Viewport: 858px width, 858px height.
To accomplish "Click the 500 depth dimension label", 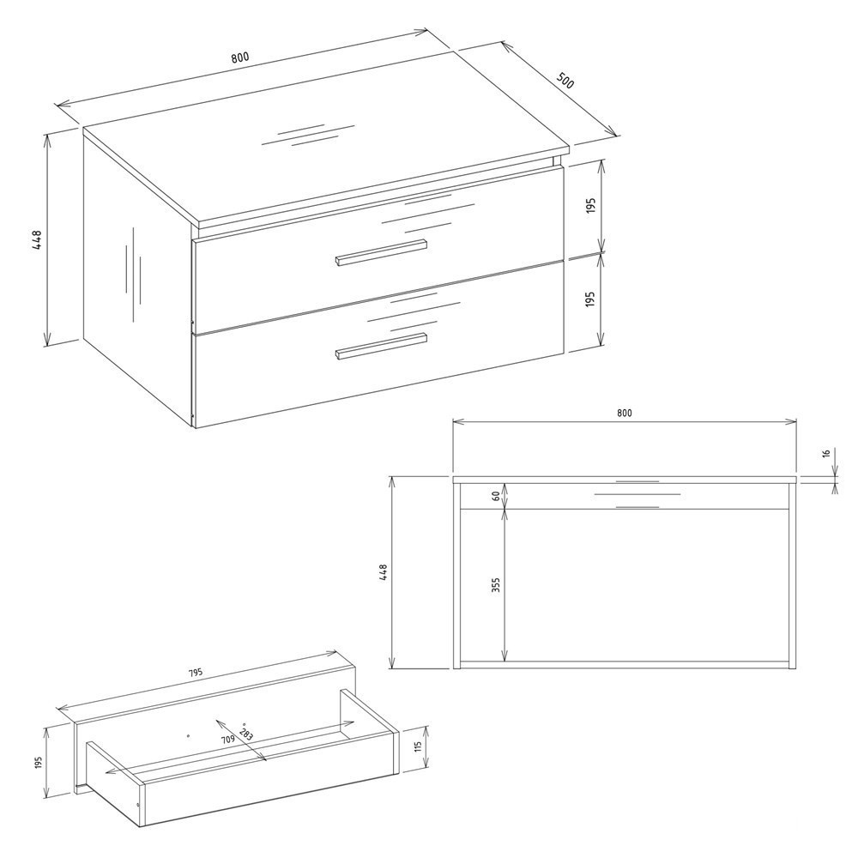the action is point(565,80).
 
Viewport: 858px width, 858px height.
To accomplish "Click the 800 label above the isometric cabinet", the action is point(239,57).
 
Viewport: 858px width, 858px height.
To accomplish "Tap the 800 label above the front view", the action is point(625,414).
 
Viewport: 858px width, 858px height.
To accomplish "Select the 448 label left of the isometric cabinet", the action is point(37,239).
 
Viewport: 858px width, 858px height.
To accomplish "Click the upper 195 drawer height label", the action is point(590,206).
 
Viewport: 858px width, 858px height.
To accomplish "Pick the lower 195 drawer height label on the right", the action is point(590,299).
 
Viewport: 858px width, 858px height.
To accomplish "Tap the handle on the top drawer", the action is point(381,253).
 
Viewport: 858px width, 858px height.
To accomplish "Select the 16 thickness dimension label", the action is point(826,453).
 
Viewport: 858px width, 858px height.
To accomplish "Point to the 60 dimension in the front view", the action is point(496,496).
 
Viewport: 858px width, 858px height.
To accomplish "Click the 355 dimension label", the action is point(496,585).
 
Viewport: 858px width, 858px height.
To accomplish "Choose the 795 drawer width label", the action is point(196,673).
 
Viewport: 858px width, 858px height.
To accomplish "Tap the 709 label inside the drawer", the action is point(228,740).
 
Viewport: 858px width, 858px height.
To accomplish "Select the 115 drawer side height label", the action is point(419,746).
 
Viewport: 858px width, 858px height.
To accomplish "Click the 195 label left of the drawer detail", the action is point(38,762).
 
